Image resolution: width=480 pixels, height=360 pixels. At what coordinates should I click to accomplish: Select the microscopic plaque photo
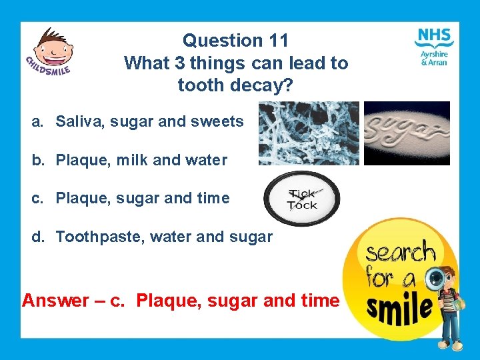[x=309, y=133]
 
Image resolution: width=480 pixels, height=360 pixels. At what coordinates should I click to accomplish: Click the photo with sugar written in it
[x=406, y=133]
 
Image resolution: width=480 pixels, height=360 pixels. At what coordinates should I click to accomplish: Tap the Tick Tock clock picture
[x=302, y=199]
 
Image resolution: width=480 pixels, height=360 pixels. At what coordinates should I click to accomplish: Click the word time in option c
[x=213, y=199]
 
